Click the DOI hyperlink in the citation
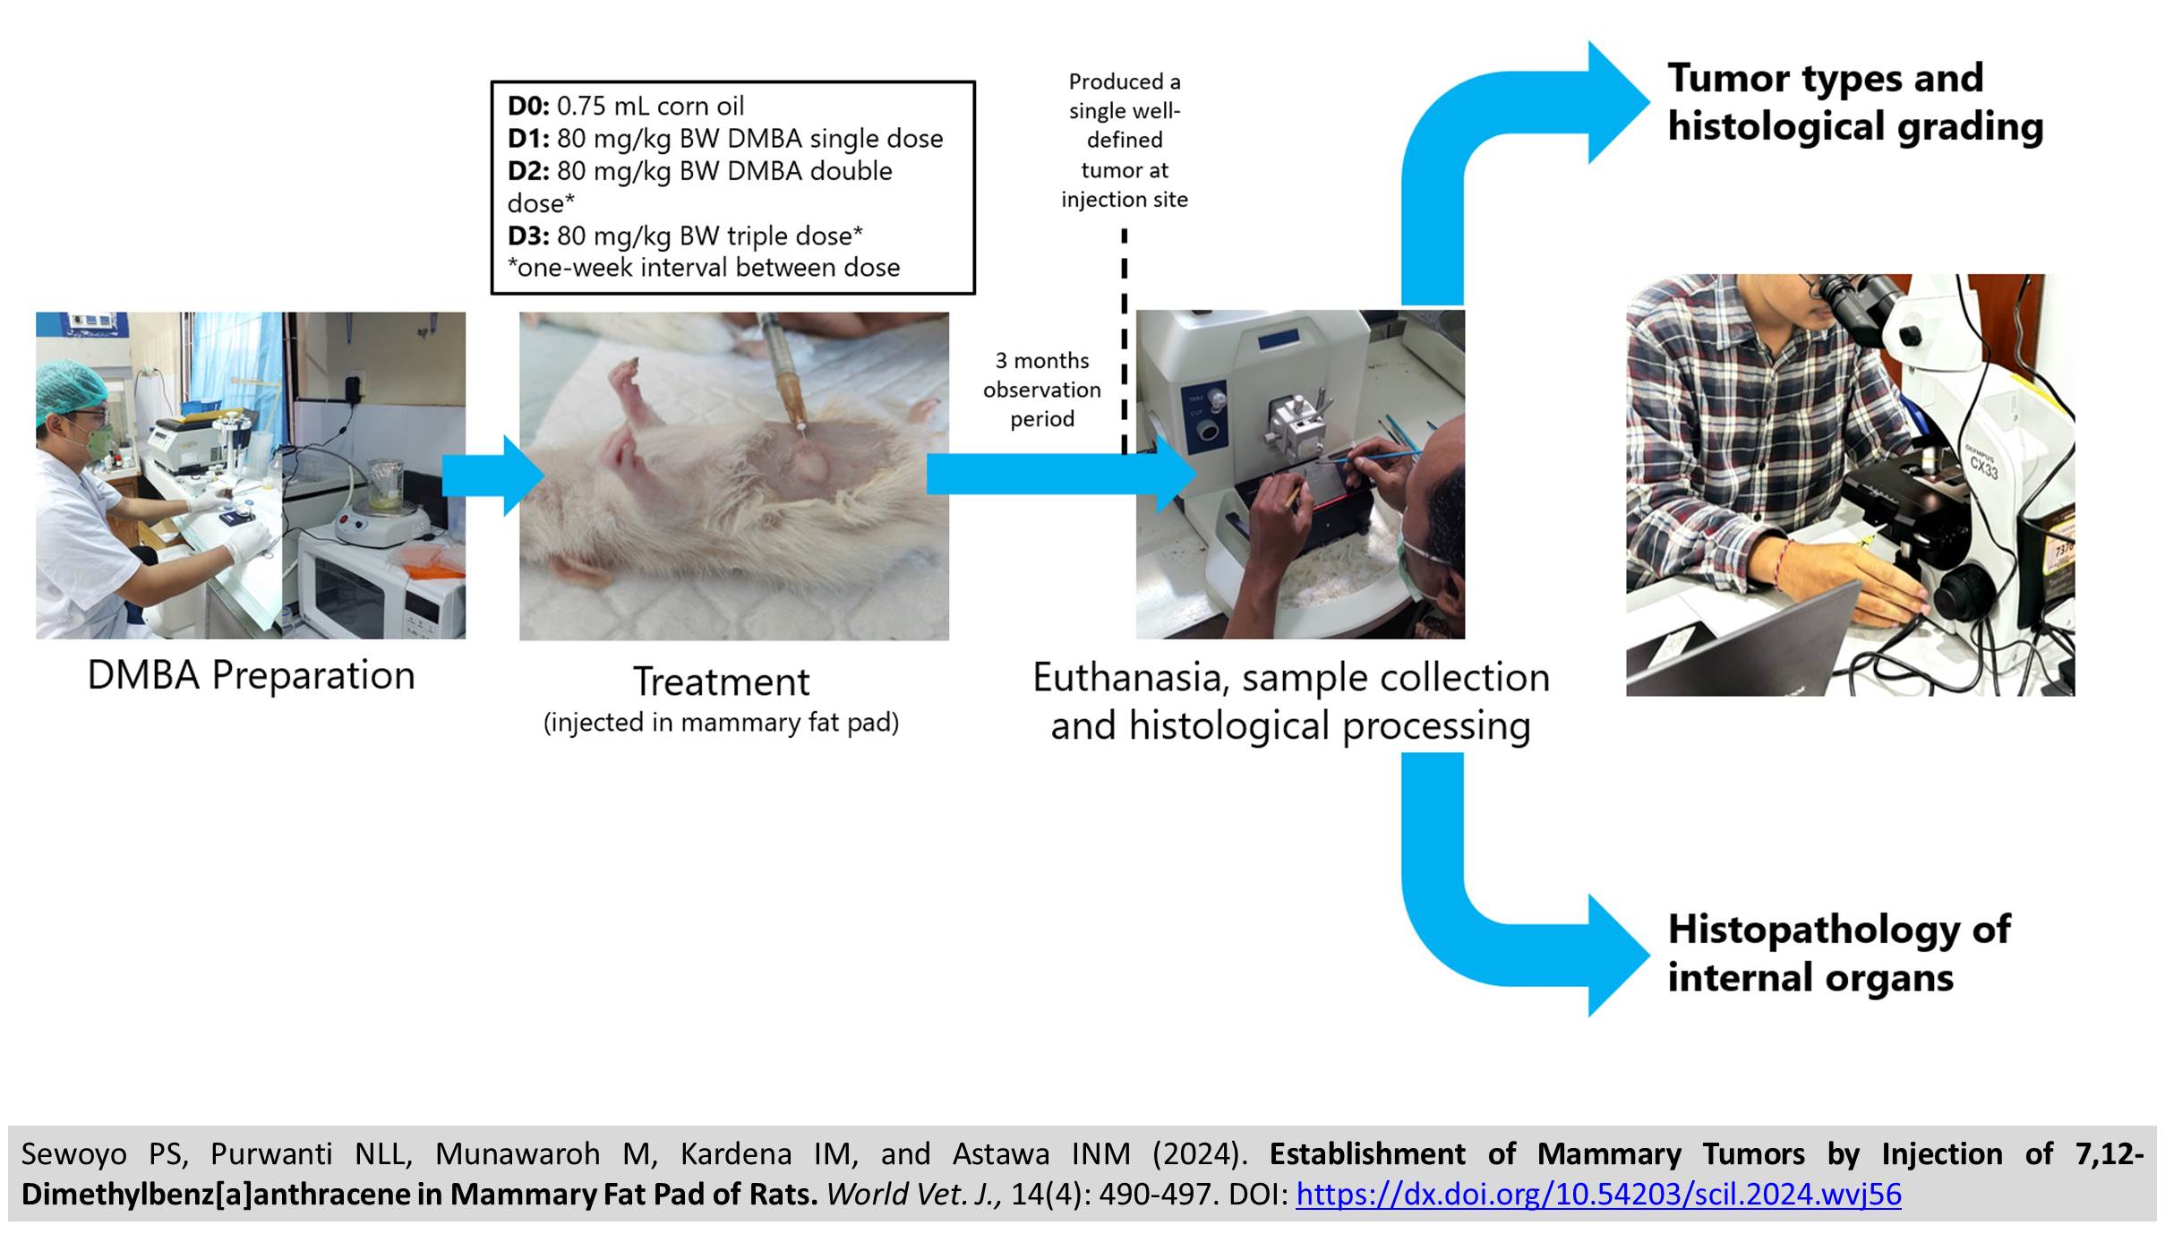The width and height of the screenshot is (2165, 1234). tap(1598, 1195)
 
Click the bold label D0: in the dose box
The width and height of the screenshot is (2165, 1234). tap(528, 106)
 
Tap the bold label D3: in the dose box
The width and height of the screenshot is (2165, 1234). tap(528, 236)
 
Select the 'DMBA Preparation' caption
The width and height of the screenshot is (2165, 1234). tap(252, 675)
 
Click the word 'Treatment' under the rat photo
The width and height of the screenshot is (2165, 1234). tap(722, 681)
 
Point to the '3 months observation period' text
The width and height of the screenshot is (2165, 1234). tap(1042, 390)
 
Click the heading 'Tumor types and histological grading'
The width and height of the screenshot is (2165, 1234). tap(1855, 102)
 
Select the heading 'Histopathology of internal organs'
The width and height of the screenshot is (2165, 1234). tap(1839, 953)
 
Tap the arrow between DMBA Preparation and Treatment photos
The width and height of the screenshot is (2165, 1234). tap(493, 476)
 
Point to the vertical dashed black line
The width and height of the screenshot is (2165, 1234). tap(1124, 341)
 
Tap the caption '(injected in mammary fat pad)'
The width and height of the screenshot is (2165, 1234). tap(722, 723)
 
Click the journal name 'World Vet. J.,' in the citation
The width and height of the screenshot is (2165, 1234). tap(914, 1195)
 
